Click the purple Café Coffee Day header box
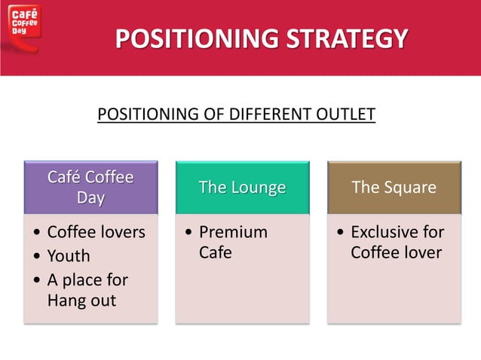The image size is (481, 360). pyautogui.click(x=90, y=188)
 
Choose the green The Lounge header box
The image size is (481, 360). pyautogui.click(x=242, y=188)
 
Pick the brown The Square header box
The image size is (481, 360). pyautogui.click(x=394, y=188)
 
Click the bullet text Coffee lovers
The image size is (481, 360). pyautogui.click(x=96, y=232)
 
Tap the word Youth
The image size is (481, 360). pyautogui.click(x=69, y=256)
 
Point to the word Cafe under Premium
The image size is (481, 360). pyautogui.click(x=215, y=252)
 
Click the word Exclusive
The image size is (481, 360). pyautogui.click(x=397, y=232)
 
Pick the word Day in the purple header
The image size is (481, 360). pyautogui.click(x=90, y=198)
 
